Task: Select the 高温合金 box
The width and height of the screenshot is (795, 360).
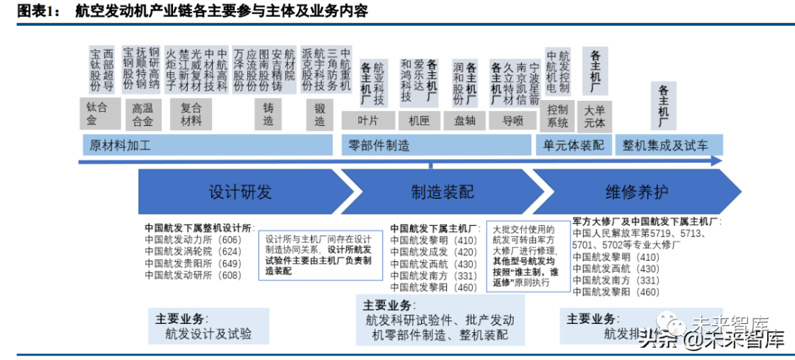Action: tap(143, 114)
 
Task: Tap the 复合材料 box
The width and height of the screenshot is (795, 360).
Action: tap(191, 113)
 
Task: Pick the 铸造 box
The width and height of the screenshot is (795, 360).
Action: tap(269, 113)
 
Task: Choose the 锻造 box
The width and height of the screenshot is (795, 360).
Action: tap(319, 113)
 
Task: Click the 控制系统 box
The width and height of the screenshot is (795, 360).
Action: tap(558, 116)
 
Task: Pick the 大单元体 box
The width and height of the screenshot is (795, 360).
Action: tap(594, 116)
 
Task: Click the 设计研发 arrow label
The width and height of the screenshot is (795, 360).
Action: tap(240, 192)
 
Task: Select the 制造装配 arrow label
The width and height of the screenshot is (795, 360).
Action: tap(442, 192)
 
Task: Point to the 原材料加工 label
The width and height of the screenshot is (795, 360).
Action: tap(120, 145)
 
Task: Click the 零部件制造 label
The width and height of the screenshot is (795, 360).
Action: tap(380, 145)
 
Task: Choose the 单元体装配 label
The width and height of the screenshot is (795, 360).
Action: tap(574, 145)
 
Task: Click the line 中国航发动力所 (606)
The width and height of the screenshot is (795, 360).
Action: tap(193, 239)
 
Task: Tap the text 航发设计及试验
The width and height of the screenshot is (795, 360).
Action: tap(210, 333)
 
